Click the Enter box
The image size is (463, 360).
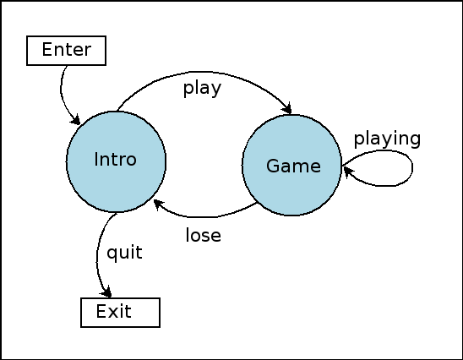pos(66,51)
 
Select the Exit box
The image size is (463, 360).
pos(121,313)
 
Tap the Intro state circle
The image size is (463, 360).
pos(116,161)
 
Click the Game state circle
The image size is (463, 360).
pos(291,165)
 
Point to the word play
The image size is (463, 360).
pos(202,88)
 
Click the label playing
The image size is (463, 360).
pos(387,139)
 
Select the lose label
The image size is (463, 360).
pos(203,236)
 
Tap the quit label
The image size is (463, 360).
pos(124,253)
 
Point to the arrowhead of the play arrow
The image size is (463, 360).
pos(287,108)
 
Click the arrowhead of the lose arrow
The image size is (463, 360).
pos(159,204)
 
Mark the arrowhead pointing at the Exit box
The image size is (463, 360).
pos(106,292)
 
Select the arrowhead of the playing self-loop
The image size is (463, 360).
pos(348,172)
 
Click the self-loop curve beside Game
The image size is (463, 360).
pos(412,167)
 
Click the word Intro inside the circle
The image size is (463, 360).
pos(115,160)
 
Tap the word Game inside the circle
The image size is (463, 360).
pos(293,166)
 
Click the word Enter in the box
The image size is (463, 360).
pos(67,49)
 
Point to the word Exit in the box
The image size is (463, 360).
pos(114,311)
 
